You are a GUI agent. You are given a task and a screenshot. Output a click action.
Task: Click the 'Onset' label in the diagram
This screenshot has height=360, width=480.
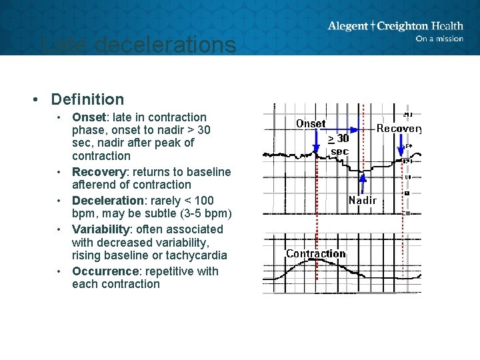click(x=311, y=123)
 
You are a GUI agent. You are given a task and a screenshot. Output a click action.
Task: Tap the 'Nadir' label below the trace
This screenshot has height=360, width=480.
click(x=363, y=200)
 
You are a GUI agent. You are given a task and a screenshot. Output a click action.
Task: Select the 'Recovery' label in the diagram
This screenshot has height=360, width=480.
click(x=399, y=128)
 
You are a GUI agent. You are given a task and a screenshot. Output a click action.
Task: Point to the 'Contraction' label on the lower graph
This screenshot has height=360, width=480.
click(x=315, y=253)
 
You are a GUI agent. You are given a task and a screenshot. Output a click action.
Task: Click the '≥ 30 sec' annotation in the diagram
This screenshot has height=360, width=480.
click(x=339, y=145)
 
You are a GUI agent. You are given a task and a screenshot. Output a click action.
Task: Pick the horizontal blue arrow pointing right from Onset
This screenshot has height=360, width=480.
click(x=343, y=129)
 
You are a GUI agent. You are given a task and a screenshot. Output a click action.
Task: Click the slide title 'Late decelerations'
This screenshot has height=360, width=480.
click(x=138, y=45)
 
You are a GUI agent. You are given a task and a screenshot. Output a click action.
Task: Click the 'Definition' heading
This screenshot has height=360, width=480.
click(x=87, y=99)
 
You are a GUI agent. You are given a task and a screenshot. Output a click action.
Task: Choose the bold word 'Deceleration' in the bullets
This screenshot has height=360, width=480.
click(x=107, y=201)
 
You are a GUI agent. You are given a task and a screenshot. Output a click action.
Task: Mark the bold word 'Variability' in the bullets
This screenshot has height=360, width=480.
click(x=99, y=229)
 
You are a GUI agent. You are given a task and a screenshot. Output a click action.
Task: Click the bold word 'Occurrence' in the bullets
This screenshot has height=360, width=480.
click(x=103, y=271)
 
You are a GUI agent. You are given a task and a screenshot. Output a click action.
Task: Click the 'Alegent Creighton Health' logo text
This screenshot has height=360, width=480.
click(x=395, y=26)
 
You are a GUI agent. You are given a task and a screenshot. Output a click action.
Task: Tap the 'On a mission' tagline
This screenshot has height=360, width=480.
click(x=439, y=39)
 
